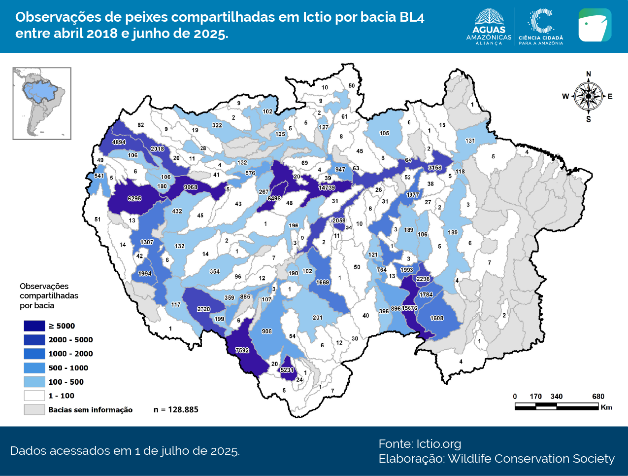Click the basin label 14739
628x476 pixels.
pos(327,188)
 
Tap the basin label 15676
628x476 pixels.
pos(409,308)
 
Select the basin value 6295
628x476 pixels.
pos(134,199)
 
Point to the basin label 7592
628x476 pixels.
pos(242,351)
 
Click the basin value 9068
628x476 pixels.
pos(191,187)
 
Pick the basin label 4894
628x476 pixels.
pos(119,142)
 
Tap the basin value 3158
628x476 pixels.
pos(435,168)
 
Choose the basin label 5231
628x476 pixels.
pos(287,370)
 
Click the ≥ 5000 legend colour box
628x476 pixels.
pos(34,326)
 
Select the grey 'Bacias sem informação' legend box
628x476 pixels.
pos(34,409)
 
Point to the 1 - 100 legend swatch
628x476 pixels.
pos(34,396)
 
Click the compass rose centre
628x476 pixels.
pos(588,96)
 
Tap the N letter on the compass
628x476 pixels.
pos(589,74)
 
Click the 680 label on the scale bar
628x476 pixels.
pos(598,397)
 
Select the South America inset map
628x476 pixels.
pos(42,104)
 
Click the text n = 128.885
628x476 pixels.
pos(176,409)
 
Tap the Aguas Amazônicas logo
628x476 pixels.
pos(489,27)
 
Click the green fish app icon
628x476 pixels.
pos(595,25)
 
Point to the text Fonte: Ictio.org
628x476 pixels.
pos(420,443)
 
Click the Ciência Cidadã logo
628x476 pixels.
pos(541,27)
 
